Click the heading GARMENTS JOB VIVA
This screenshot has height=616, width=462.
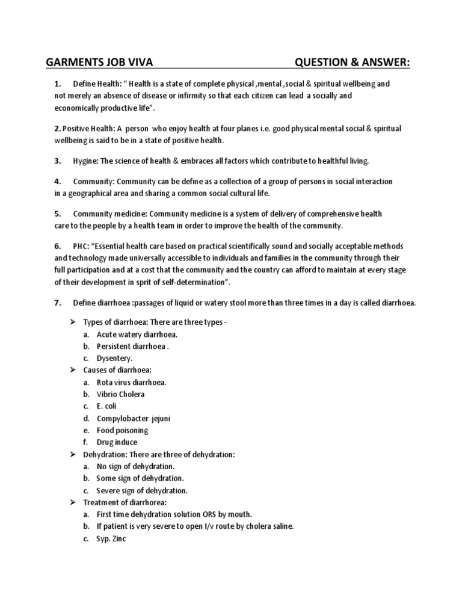103,64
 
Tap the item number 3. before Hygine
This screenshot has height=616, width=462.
58,161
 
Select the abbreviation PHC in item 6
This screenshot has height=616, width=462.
81,247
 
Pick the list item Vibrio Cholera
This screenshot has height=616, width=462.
120,394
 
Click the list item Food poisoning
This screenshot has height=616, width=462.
122,430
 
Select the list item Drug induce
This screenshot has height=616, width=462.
117,442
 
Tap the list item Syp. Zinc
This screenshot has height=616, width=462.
111,538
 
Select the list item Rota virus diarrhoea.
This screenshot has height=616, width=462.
131,382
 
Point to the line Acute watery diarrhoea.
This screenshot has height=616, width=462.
137,334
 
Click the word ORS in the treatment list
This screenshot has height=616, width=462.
209,514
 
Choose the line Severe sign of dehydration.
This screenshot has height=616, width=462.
142,490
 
